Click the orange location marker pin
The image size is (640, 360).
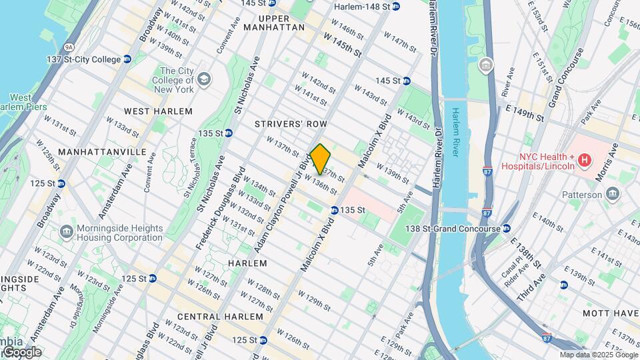pos(321,159)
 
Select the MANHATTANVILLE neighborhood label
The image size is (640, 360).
pos(102,152)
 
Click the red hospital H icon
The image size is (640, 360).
pos(585,160)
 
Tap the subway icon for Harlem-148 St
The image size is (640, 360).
pos(396,7)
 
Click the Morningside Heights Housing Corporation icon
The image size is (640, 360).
pos(66,232)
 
